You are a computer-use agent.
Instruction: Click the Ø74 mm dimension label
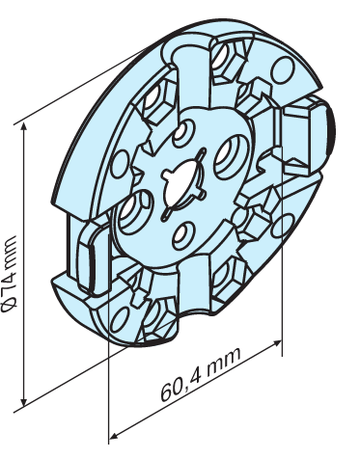pos(9,274)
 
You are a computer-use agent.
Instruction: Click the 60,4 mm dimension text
pos(201,374)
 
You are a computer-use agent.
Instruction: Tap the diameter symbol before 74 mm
pos(9,306)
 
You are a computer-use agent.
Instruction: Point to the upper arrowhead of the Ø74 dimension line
pos(23,127)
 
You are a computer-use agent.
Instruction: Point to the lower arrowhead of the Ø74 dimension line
pos(23,401)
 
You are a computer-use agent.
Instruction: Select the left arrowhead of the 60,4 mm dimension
pos(115,436)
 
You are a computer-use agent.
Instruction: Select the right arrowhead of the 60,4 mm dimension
pos(277,343)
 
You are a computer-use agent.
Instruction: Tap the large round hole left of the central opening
pos(134,212)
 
